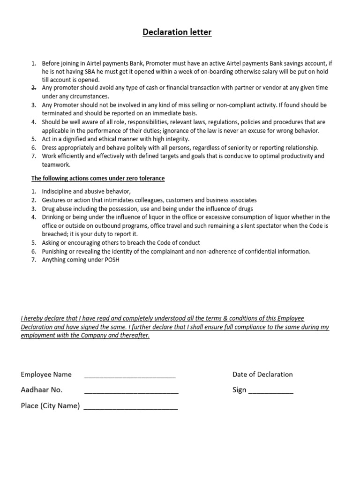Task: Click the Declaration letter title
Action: click(177, 32)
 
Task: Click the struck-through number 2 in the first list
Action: click(34, 88)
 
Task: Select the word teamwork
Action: click(56, 165)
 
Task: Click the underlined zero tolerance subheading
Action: click(98, 179)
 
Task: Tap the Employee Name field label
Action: click(46, 374)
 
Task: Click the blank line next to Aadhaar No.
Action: click(131, 390)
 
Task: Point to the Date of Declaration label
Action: click(262, 374)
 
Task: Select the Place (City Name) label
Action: click(50, 405)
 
